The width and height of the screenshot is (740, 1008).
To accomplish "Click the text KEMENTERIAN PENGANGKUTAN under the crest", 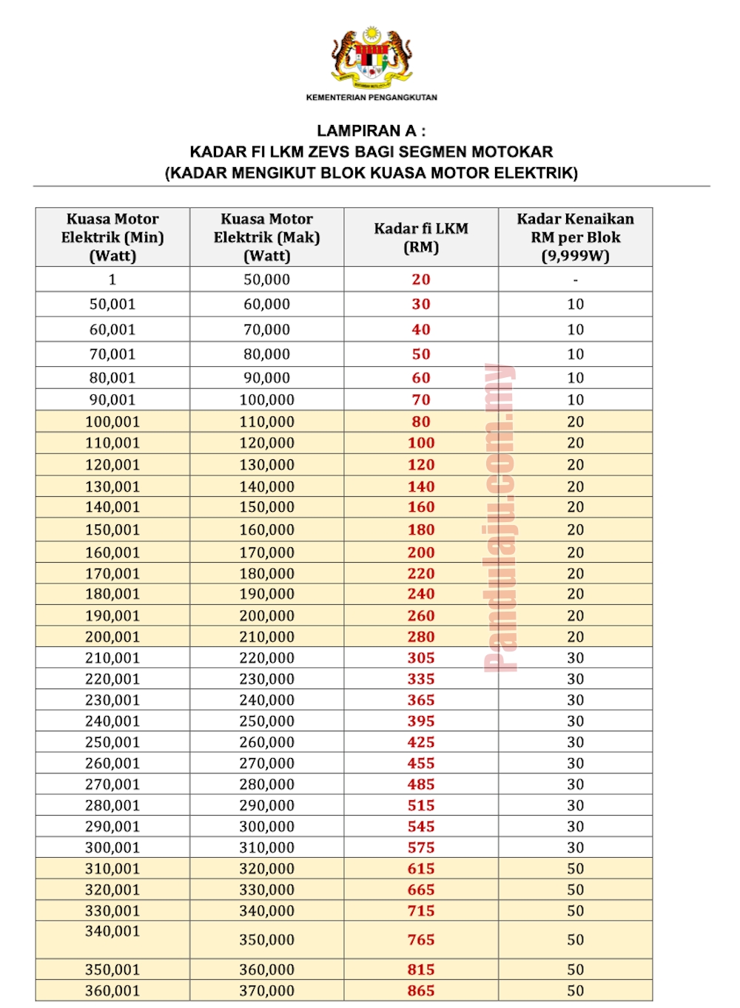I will coord(371,98).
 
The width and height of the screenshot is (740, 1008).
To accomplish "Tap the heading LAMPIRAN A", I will coord(371,131).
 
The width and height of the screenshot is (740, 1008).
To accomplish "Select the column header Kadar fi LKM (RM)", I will coord(421,237).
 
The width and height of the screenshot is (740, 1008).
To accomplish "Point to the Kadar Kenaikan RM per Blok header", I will coord(575,237).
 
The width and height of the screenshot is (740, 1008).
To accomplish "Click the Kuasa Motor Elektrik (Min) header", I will coord(112,237).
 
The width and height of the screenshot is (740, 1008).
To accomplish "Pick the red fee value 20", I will coord(421,280).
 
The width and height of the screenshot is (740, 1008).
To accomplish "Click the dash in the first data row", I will coord(575,280).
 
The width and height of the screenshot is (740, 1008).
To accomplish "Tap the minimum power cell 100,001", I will coord(112,422).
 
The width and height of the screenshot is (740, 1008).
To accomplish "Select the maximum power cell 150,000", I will coord(266,507).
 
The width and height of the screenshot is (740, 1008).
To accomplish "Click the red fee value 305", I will coord(421,657).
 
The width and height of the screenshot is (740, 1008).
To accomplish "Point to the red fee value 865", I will coord(421,990).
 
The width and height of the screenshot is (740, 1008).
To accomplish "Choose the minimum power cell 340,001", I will coord(112,931).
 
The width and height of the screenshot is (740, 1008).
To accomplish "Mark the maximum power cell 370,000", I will coord(266,990).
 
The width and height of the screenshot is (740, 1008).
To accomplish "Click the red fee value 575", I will coord(421,848).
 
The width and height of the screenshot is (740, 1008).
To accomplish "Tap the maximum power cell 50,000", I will coord(266,280).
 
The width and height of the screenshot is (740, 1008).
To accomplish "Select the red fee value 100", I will coord(421,443).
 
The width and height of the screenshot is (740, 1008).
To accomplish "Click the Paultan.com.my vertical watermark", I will coord(500,518).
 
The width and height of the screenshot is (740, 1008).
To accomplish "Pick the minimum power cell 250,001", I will coord(112,742).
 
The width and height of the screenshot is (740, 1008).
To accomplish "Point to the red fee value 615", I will coord(421,868).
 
